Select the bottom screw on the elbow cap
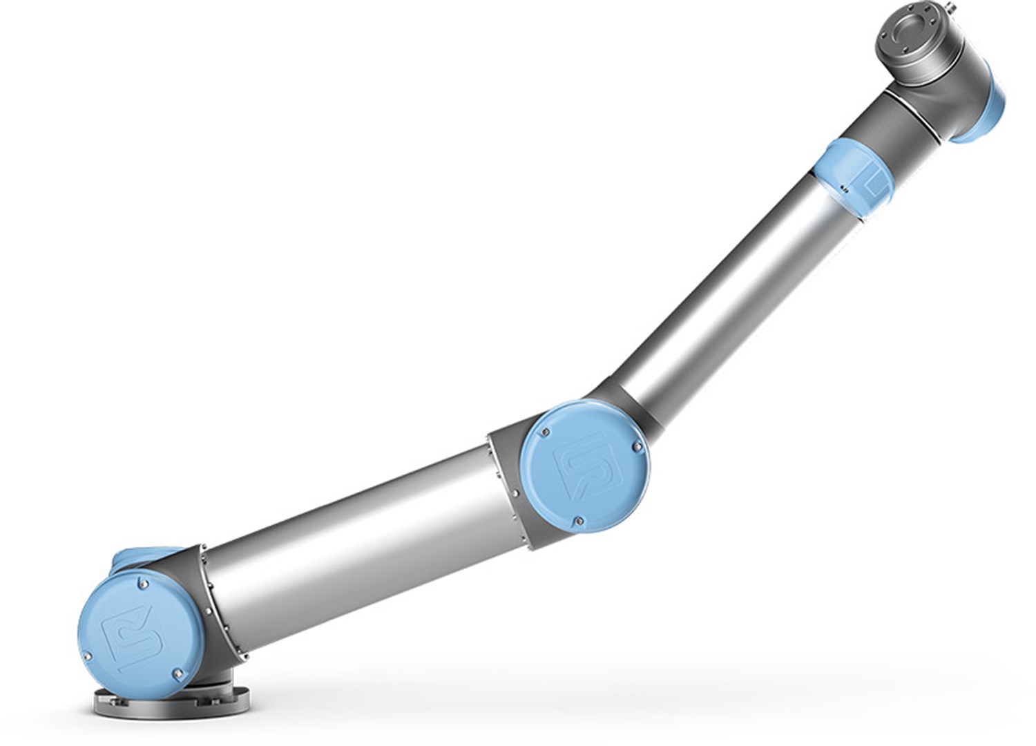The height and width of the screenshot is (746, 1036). click(x=579, y=521)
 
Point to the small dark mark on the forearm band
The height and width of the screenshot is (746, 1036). click(x=843, y=187)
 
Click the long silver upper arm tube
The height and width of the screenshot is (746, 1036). click(x=732, y=290)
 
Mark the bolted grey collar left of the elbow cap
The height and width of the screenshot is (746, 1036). click(x=508, y=484)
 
